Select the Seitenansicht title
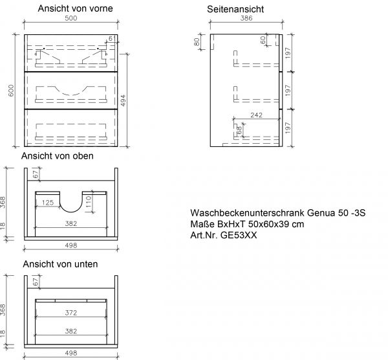click(235, 10)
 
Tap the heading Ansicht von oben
click(58, 156)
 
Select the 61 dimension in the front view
click(113, 39)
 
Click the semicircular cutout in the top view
click(71, 202)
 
